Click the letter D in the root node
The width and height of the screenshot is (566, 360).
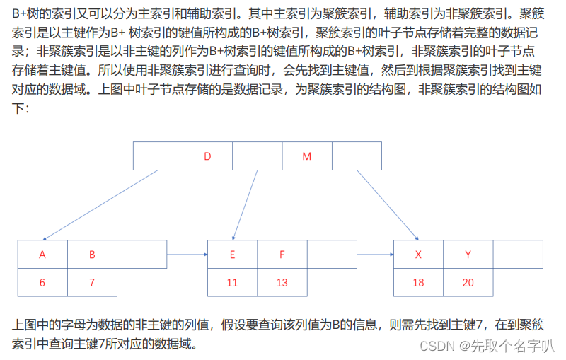[x=207, y=156]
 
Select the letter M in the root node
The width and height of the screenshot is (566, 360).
[x=306, y=156]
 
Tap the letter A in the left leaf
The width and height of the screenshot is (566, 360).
[x=42, y=255]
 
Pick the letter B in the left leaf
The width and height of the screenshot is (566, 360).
[x=92, y=255]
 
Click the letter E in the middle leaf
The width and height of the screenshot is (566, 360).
[x=232, y=255]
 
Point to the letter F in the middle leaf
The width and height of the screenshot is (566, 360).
[x=282, y=255]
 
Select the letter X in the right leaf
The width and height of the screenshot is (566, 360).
[x=418, y=255]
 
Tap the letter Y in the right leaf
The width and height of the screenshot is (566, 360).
[x=468, y=255]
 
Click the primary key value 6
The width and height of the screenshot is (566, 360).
[x=42, y=282]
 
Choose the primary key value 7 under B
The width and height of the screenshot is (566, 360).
[x=92, y=282]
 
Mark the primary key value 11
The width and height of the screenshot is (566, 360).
[x=232, y=282]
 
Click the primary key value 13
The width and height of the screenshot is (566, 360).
[x=282, y=282]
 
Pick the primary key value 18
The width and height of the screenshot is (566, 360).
[x=418, y=282]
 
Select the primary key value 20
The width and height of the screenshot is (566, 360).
[x=468, y=282]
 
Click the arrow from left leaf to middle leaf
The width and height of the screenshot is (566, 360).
[x=187, y=255]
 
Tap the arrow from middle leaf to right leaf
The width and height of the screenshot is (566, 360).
[x=375, y=255]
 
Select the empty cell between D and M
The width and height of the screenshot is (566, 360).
[x=257, y=156]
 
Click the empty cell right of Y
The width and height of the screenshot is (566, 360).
[x=518, y=255]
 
